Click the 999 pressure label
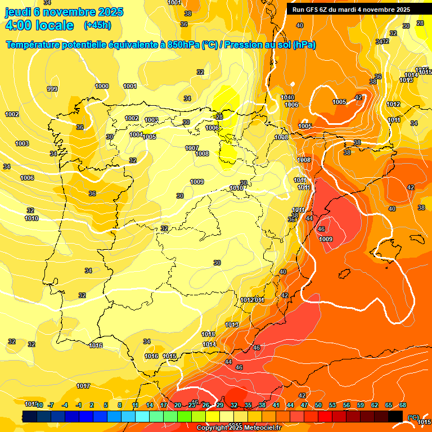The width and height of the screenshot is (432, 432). pos(52,89)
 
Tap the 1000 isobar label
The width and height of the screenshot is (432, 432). pos(102,86)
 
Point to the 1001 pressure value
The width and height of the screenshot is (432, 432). pos(130,86)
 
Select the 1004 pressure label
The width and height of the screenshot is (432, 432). pos(136,134)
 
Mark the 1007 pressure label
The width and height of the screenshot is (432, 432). pos(192,148)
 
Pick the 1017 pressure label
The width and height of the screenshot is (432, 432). pos(83,386)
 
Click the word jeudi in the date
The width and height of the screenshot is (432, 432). pos(19,12)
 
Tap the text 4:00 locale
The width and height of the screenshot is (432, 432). pos(39,25)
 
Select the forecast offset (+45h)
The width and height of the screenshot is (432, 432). pos(97,25)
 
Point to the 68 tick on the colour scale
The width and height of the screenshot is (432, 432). pos(403,405)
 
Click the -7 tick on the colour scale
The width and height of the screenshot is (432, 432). pos(51,405)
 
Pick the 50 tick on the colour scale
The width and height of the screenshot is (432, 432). pos(318,405)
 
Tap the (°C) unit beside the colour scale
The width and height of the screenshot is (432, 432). pos(413,417)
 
